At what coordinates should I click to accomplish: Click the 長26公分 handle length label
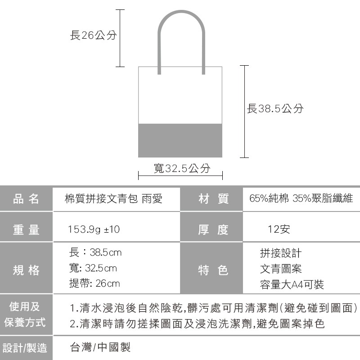[93, 36]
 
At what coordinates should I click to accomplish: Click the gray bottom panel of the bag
[180, 140]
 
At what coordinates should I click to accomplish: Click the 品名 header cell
[27, 198]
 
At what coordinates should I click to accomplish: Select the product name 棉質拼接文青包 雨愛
[113, 198]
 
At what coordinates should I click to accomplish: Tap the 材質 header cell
[213, 198]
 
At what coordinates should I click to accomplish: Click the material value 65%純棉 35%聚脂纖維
[301, 198]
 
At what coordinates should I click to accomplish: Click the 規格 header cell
[27, 270]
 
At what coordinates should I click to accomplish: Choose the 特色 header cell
[213, 270]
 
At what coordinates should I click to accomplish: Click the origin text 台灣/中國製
[101, 347]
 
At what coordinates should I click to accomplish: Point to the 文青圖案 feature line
[281, 269]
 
